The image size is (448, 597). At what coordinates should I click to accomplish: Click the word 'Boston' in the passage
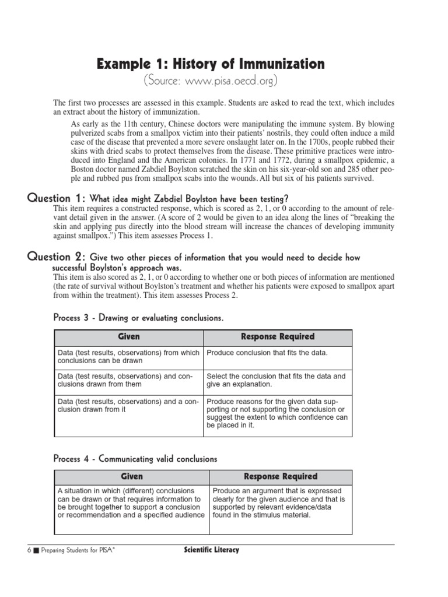[x=82, y=169]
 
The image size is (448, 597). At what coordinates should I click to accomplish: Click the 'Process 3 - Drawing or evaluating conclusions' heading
[x=138, y=318]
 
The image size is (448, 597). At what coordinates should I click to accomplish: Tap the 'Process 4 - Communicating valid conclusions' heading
[x=135, y=459]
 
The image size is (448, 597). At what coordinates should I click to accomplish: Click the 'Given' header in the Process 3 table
[x=128, y=337]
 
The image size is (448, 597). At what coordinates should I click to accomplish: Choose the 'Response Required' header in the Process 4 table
[x=280, y=477]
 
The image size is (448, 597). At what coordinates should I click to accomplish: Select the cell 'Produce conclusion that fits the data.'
[x=267, y=353]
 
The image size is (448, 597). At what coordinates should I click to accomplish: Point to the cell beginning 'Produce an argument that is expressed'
[x=279, y=503]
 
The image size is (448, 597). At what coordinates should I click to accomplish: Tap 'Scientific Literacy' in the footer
[x=207, y=550]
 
